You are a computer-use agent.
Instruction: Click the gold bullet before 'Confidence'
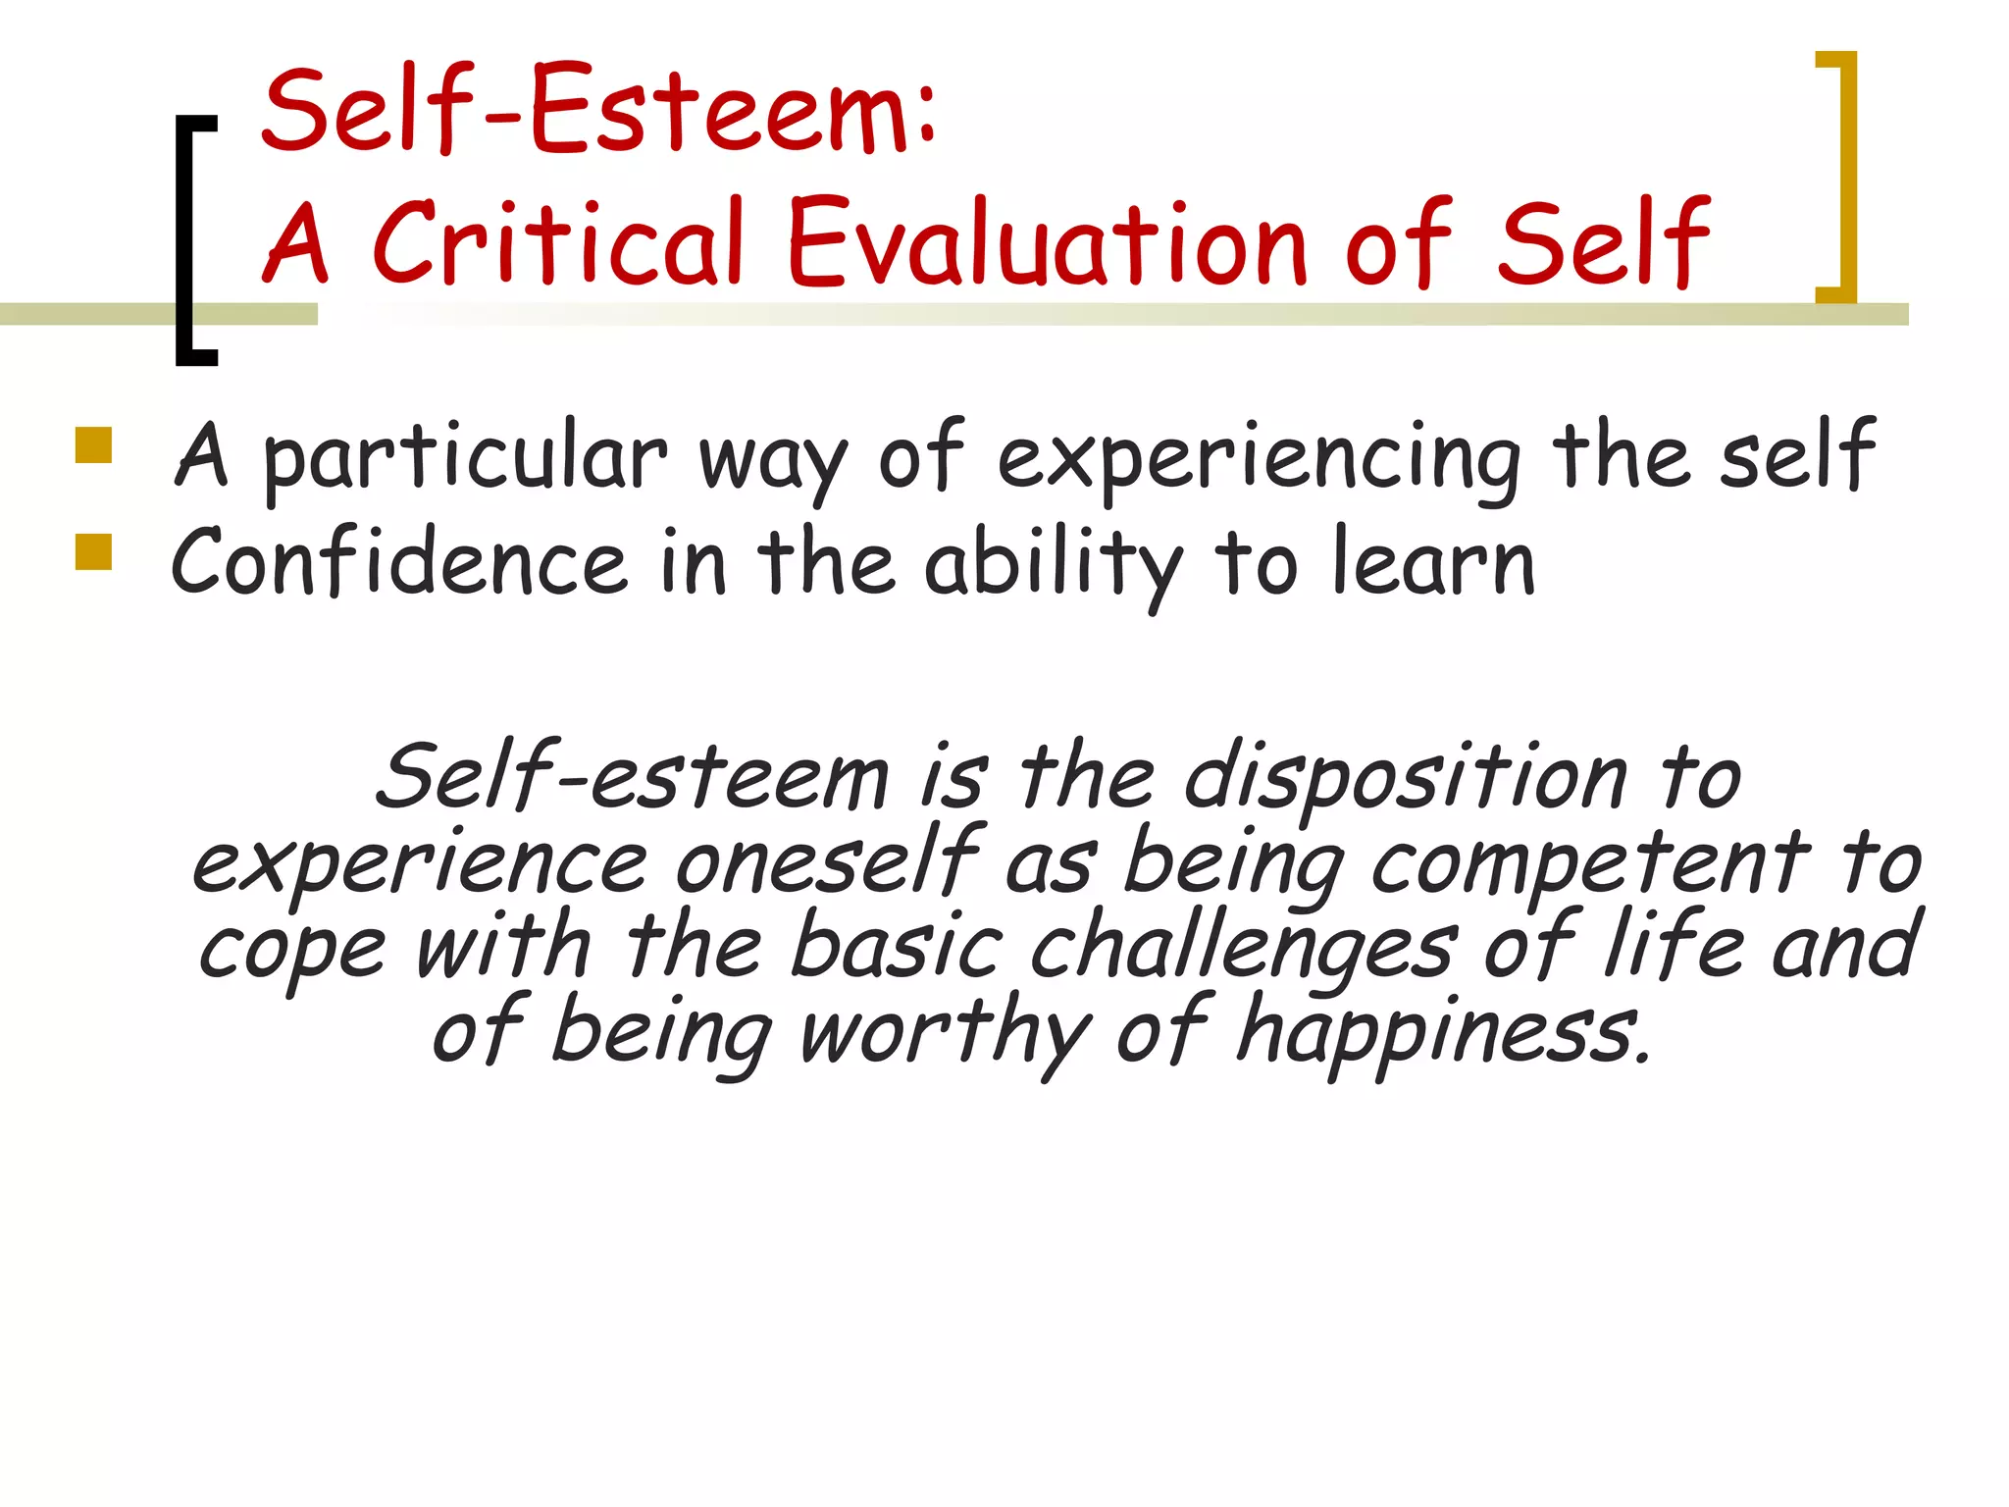pos(94,551)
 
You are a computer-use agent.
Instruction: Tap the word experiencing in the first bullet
pos(1259,457)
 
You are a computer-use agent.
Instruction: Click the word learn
pos(1433,563)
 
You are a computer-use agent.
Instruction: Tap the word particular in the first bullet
pos(465,457)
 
